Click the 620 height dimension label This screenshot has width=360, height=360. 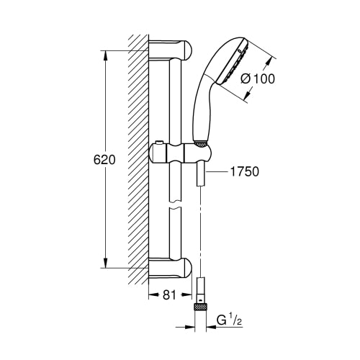coord(104,160)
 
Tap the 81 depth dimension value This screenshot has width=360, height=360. coord(169,295)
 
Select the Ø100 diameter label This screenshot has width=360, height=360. coord(258,78)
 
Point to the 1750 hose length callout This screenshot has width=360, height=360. coord(245,171)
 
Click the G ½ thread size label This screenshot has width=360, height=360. coord(229,320)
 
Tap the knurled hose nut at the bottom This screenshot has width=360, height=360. coord(200,307)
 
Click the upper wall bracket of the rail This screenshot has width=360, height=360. coord(170,50)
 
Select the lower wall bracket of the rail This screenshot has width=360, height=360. coord(170,268)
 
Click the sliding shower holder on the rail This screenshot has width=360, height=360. coord(181,153)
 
